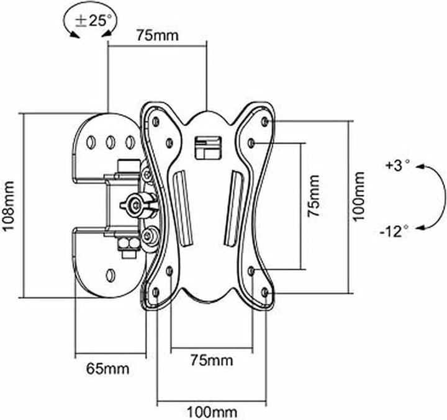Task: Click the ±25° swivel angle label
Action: [92, 19]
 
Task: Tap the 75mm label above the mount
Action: [157, 35]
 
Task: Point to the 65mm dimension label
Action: [108, 369]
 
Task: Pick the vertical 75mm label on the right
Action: [314, 195]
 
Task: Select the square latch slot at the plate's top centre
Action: [207, 147]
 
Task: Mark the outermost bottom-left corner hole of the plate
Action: [155, 291]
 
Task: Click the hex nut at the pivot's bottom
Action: [129, 245]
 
